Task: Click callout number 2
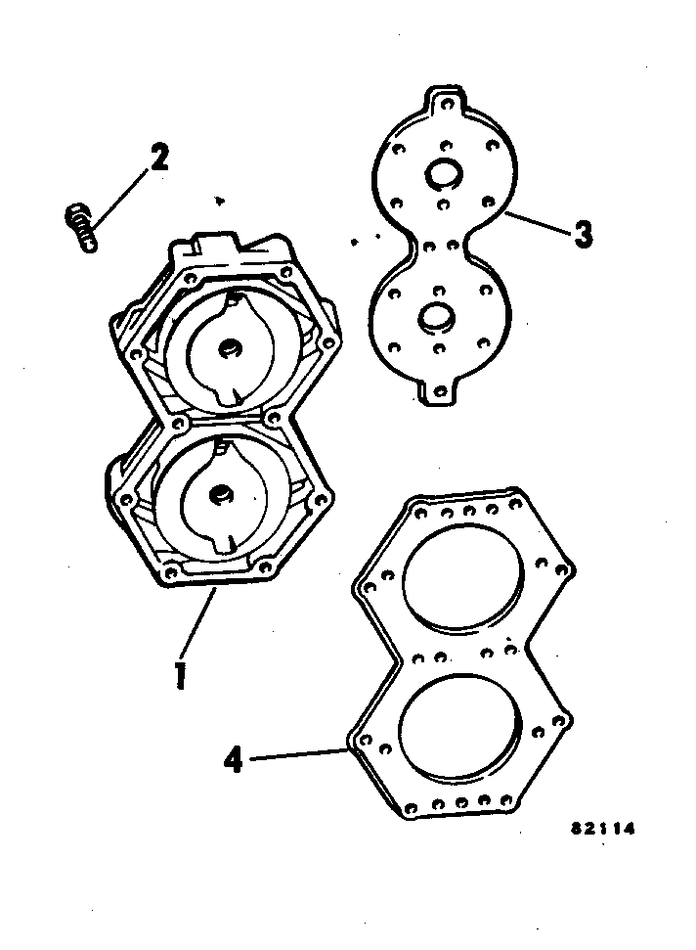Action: (x=158, y=157)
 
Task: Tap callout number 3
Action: (x=583, y=235)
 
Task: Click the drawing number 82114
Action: (x=603, y=829)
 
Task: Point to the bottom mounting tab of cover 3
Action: (x=440, y=392)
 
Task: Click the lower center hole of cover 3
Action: (x=434, y=316)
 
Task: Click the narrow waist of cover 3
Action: (x=440, y=245)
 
